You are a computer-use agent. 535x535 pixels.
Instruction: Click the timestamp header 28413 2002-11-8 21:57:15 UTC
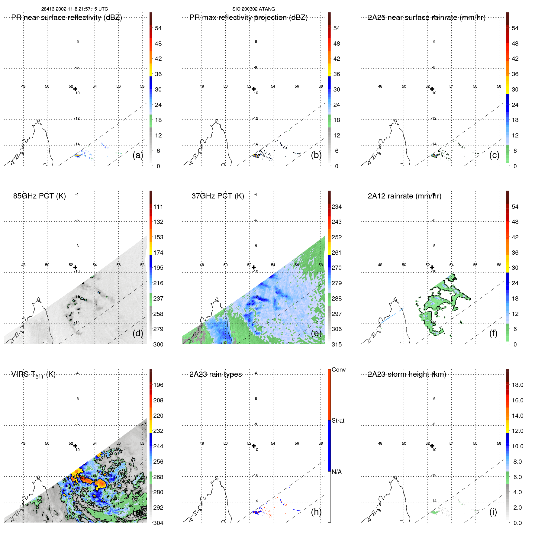(75, 9)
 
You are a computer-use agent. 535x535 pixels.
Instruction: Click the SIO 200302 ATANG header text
(253, 9)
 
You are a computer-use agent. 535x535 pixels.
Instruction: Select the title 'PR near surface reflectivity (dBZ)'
(66, 18)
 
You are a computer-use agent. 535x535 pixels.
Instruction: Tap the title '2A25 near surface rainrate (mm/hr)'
(426, 18)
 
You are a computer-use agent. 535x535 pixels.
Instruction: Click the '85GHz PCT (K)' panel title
(39, 196)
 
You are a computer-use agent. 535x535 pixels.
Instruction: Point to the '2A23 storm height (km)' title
(407, 374)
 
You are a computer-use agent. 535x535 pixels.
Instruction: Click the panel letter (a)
(137, 155)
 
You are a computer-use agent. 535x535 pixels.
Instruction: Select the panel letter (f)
(493, 333)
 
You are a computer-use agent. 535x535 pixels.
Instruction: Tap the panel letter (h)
(316, 511)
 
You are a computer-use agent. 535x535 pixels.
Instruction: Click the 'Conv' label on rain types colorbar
(338, 369)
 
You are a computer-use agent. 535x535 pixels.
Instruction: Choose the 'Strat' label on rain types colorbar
(338, 421)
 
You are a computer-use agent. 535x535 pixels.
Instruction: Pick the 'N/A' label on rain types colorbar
(337, 472)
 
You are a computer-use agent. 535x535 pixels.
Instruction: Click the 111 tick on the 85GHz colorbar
(158, 207)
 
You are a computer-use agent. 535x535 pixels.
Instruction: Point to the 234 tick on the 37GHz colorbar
(337, 207)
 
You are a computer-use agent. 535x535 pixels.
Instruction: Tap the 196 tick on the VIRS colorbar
(158, 385)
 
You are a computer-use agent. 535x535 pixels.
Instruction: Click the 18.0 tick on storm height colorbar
(517, 385)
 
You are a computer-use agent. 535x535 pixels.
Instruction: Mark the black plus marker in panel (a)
(75, 89)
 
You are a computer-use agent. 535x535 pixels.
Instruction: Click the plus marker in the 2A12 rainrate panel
(432, 267)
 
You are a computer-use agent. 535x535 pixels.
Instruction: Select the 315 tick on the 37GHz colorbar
(337, 344)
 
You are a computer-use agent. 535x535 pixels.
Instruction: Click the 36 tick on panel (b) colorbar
(337, 74)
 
